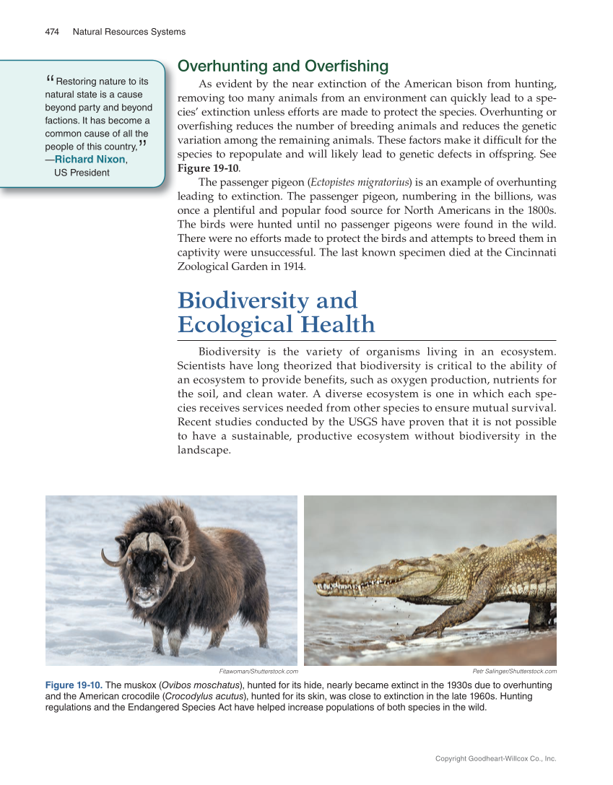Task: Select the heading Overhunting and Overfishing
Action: click(282, 66)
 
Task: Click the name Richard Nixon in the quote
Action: click(90, 159)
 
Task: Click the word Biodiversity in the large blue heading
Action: click(267, 300)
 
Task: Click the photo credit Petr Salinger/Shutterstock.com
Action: click(514, 672)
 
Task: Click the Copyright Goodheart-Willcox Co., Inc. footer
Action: click(495, 759)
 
